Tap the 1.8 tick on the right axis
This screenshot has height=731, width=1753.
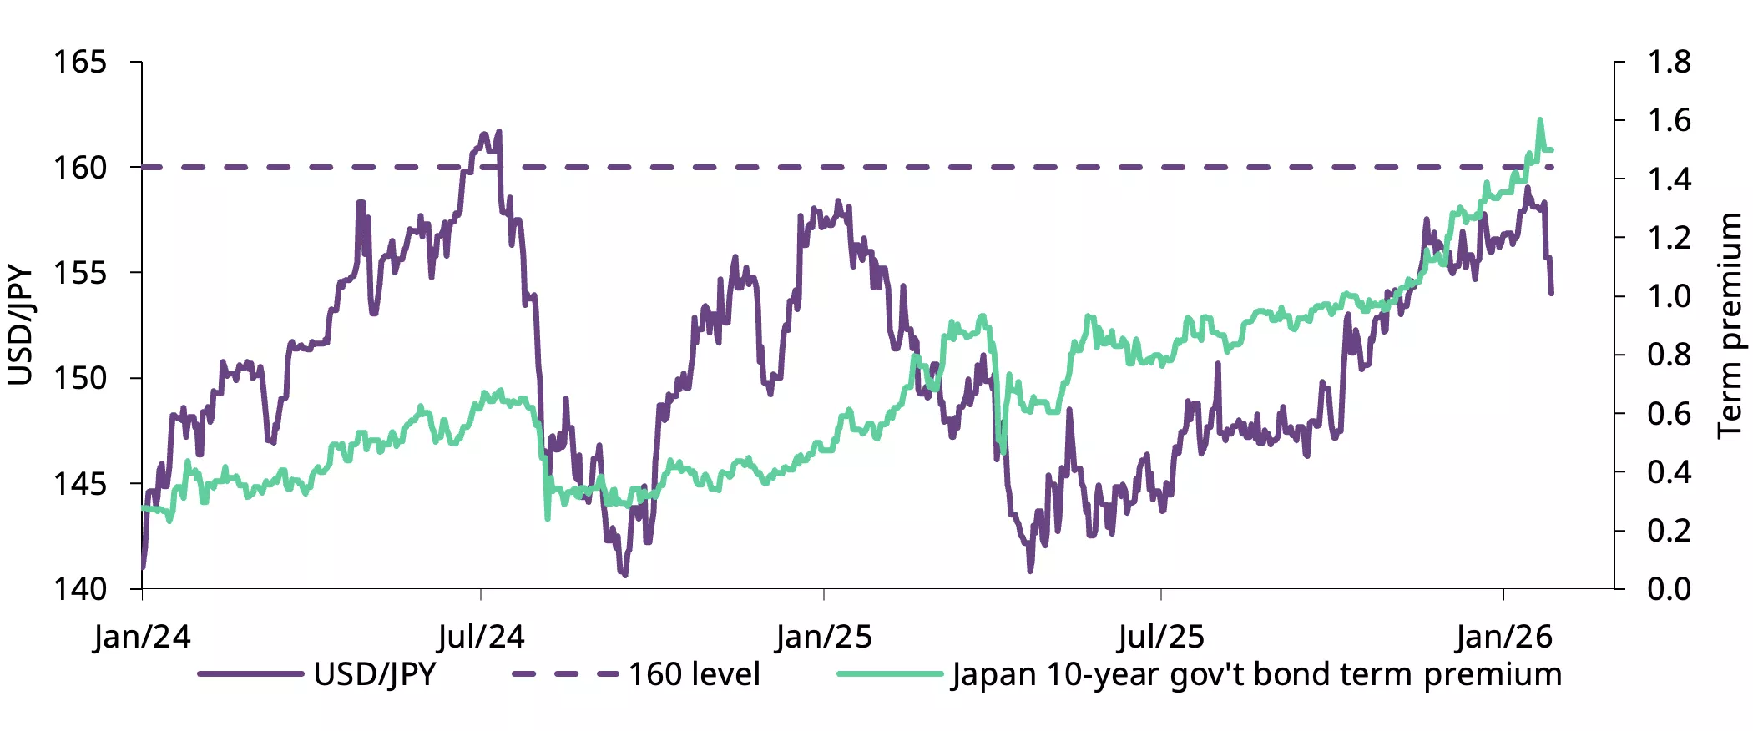coord(1668,63)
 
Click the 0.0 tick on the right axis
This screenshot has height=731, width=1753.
coord(1668,589)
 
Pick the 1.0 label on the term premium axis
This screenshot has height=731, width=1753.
coord(1668,296)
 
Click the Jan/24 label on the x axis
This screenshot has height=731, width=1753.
coord(142,637)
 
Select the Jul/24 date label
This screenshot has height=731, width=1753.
coord(481,637)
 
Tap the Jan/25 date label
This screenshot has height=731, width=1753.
coord(823,637)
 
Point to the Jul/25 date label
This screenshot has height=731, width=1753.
coord(1161,637)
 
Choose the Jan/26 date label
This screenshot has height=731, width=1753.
coord(1503,637)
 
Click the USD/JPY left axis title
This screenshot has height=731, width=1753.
coord(20,325)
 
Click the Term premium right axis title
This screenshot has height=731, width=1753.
coord(1730,325)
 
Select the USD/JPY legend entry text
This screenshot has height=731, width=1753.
coord(374,674)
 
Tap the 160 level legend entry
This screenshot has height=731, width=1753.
coord(694,674)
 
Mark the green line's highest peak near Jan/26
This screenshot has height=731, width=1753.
coord(1540,120)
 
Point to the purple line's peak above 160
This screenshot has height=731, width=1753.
coord(499,131)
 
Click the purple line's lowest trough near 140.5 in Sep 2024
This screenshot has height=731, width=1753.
coord(625,575)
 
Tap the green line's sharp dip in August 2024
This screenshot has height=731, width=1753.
coord(548,518)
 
